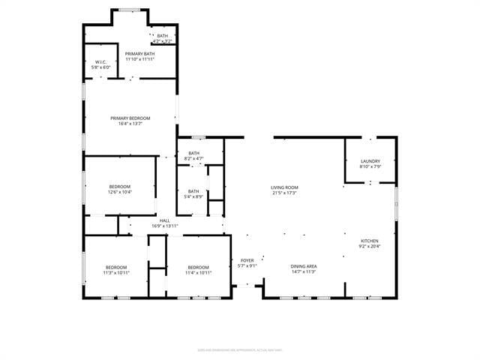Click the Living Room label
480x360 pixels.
click(x=284, y=187)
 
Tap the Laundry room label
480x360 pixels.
click(x=370, y=161)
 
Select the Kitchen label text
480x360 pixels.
click(x=370, y=241)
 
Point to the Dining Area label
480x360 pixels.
click(x=304, y=266)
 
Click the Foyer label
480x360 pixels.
click(x=247, y=260)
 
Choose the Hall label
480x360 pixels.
click(x=164, y=220)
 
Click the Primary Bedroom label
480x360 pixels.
click(x=130, y=118)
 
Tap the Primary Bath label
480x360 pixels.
click(x=139, y=54)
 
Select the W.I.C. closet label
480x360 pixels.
click(x=102, y=61)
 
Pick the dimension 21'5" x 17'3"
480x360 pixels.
click(x=284, y=193)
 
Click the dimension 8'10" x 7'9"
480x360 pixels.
click(x=370, y=167)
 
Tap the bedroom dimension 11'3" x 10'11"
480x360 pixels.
click(x=116, y=273)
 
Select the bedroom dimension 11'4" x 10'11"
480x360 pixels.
click(x=198, y=273)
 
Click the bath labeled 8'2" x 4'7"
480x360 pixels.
click(x=193, y=158)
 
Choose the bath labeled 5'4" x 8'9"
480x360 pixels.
click(x=193, y=196)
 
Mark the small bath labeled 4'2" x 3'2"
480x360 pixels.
click(x=163, y=41)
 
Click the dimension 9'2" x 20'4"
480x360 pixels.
click(x=370, y=247)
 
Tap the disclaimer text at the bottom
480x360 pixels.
click(x=239, y=349)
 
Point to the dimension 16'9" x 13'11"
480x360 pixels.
click(x=164, y=226)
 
